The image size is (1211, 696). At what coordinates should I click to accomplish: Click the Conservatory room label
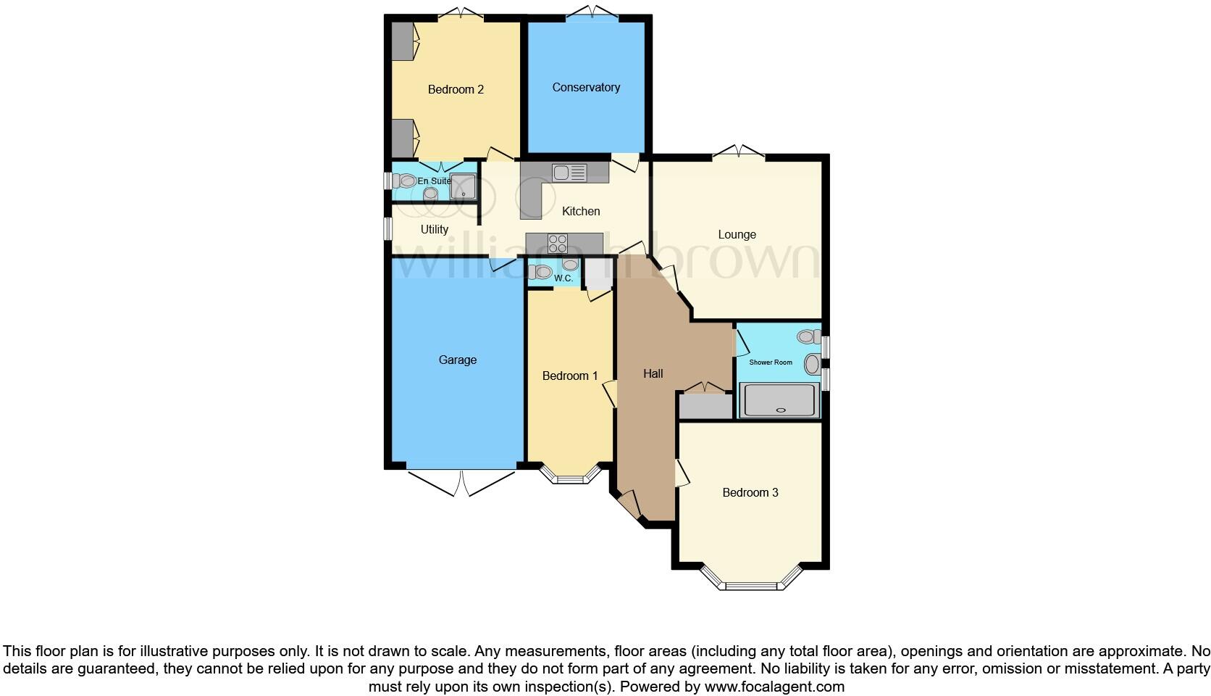(x=586, y=88)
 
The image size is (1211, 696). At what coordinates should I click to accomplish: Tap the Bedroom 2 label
(x=456, y=90)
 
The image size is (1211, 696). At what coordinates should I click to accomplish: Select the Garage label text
(x=458, y=360)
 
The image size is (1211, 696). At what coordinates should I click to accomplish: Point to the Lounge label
(x=737, y=235)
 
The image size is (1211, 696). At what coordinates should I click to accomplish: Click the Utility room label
(x=435, y=230)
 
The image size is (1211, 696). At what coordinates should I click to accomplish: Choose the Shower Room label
(x=771, y=362)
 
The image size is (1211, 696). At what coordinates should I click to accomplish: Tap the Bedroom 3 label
(x=750, y=493)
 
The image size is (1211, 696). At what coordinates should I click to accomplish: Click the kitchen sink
(x=569, y=173)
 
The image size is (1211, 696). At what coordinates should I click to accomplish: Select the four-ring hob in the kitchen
(x=558, y=244)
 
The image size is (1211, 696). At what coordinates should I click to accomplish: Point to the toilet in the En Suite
(x=406, y=181)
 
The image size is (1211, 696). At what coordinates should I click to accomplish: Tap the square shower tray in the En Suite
(x=463, y=187)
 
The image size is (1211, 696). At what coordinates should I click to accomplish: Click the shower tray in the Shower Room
(x=779, y=401)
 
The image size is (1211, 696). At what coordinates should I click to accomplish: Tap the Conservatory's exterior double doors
(x=592, y=12)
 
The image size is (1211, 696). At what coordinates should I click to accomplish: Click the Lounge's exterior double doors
(x=739, y=152)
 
